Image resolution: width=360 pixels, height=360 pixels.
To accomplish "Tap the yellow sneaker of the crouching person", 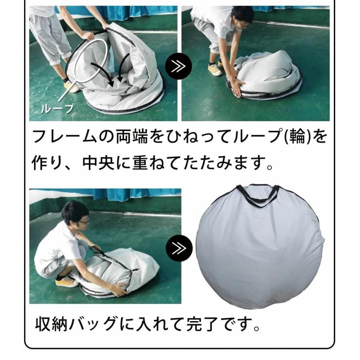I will (x=66, y=282).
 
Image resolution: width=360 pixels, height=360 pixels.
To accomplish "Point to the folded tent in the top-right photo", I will (x=264, y=76).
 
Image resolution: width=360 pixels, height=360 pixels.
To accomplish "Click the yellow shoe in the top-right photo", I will (x=215, y=70).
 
